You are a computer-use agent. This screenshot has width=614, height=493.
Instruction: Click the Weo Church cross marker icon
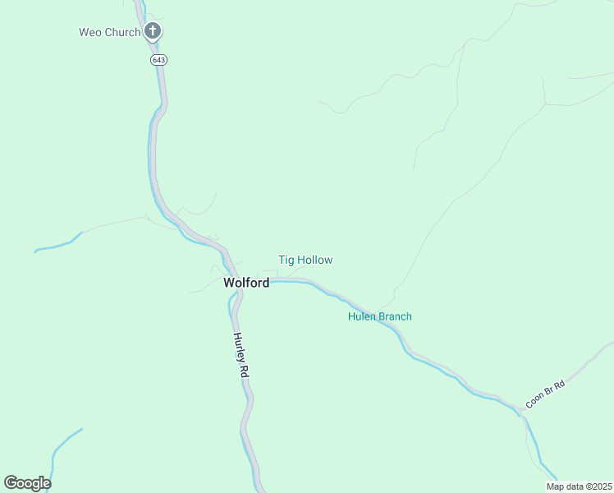152,32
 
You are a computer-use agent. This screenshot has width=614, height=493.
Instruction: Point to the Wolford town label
246,283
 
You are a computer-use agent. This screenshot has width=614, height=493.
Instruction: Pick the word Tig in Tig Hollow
286,260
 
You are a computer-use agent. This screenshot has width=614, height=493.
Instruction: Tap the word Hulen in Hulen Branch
362,316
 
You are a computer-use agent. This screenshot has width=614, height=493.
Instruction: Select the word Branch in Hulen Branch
395,316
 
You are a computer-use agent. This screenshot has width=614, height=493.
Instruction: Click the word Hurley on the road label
239,345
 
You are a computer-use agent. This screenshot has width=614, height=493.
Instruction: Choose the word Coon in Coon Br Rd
535,400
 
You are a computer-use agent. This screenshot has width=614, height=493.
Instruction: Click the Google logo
27,483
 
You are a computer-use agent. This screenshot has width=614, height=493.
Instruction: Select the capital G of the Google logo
11,482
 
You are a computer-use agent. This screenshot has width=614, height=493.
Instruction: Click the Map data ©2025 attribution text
578,486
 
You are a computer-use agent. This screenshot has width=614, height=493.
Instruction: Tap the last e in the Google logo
46,484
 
